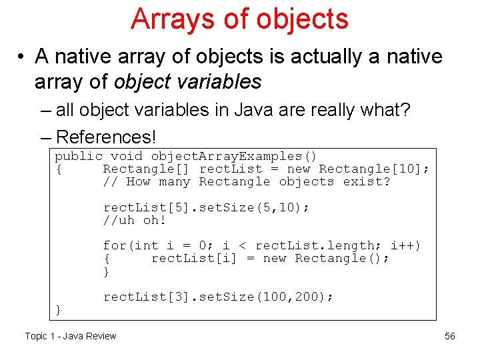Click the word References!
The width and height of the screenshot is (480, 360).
point(106,137)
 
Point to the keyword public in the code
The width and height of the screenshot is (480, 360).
point(79,156)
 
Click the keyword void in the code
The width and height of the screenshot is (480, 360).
point(126,156)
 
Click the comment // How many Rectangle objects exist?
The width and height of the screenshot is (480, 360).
point(247,181)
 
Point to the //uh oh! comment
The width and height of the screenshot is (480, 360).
point(134,220)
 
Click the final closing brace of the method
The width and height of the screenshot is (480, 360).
point(59,309)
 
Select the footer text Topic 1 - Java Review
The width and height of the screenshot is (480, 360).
point(70,336)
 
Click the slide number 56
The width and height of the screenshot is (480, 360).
point(450,336)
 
